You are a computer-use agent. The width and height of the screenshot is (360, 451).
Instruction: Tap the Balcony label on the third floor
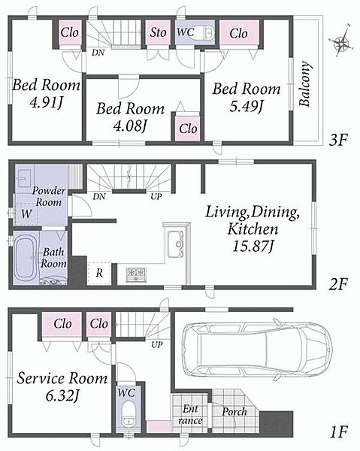click(305, 83)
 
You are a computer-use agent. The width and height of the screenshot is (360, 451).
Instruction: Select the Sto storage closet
click(158, 32)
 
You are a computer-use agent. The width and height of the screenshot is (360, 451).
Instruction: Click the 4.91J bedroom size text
click(46, 102)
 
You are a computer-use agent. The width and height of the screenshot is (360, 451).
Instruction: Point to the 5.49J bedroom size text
click(246, 107)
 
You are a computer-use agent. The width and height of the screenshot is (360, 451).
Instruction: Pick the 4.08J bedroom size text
click(130, 126)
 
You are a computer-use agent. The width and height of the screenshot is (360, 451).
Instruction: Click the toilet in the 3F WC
click(209, 32)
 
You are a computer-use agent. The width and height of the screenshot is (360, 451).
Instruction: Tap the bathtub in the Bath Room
click(26, 258)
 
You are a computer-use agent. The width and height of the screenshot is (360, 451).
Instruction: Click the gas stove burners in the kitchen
click(136, 275)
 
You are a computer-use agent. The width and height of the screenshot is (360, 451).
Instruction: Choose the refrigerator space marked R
click(99, 274)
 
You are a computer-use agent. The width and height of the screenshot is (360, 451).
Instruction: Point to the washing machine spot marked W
click(26, 213)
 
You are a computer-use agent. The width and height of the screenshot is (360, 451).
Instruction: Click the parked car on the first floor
click(257, 350)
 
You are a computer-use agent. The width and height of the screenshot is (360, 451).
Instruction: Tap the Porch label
click(234, 412)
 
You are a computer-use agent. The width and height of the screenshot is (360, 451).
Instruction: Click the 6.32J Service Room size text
click(62, 396)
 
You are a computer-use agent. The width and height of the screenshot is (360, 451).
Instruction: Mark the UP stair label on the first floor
click(157, 344)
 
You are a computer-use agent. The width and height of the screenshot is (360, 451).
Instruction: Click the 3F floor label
click(338, 141)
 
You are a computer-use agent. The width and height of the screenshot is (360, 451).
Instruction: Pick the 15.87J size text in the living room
click(253, 247)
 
